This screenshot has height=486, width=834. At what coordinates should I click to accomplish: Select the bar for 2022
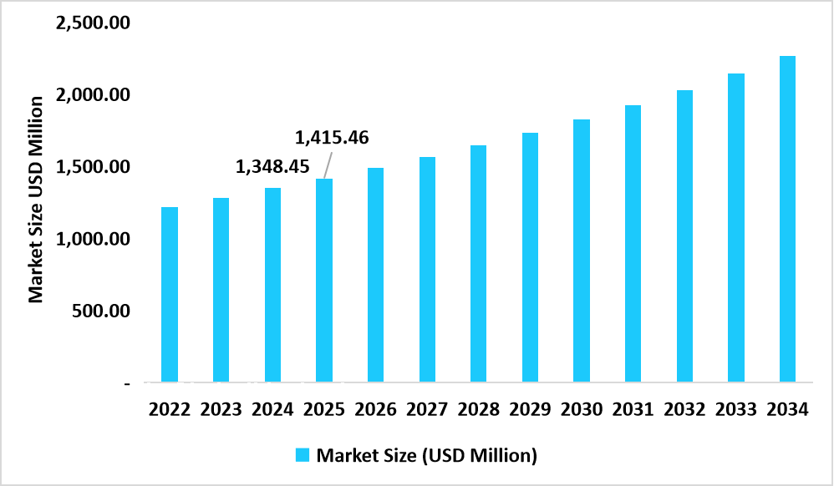coord(170,294)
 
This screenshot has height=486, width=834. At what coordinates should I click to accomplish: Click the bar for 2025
coord(324,281)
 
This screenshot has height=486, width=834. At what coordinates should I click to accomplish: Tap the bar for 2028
coord(479,264)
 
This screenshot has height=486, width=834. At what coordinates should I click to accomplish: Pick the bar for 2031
coord(633,244)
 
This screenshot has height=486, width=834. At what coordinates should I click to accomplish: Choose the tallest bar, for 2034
coord(787,219)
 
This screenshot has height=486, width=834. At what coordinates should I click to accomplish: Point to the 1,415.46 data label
coord(333,136)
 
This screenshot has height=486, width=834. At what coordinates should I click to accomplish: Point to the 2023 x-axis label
coord(221,410)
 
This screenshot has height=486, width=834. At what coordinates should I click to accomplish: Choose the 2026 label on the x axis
coord(376,410)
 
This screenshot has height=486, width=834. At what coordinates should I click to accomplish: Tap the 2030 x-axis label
coord(582,410)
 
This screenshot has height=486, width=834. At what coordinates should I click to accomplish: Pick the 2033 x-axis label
coord(736,410)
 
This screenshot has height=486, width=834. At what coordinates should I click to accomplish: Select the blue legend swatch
coord(303,455)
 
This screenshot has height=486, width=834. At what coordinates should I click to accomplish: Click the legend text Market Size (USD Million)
coord(426,456)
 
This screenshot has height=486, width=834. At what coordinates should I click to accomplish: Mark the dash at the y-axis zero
coord(127,384)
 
